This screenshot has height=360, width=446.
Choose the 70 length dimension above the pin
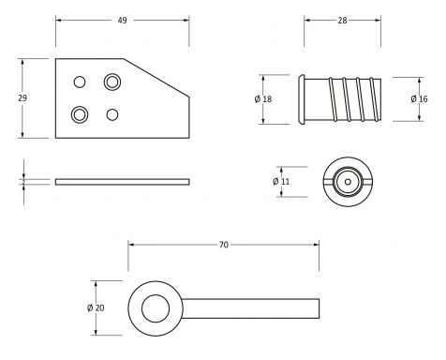pos(224,245)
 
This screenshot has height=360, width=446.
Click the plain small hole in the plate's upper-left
pos(81,81)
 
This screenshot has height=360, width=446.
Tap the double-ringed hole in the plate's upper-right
pos(113,82)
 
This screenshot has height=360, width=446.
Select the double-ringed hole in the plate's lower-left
pos(80,114)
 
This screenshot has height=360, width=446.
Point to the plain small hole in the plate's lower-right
pos(113,114)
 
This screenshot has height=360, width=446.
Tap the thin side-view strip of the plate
pos(122,181)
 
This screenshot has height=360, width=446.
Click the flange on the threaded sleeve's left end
pos(302,98)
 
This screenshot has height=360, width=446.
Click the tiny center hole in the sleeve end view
pos(346,180)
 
